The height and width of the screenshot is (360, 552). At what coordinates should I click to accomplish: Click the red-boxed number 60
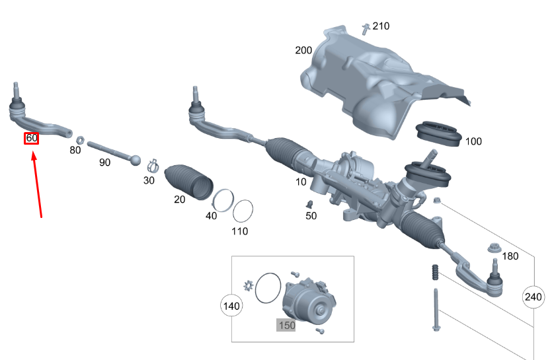coord(31,139)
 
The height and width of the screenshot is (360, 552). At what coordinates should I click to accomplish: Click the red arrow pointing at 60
coord(38,185)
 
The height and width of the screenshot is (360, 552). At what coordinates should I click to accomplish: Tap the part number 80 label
coord(75,151)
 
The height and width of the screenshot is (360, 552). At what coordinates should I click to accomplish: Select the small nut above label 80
coord(78,139)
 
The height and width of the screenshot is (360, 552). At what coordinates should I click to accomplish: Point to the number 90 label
coord(104,162)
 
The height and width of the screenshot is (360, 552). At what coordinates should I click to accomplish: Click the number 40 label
coord(212,216)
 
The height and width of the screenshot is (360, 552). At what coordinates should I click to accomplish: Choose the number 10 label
coord(301,182)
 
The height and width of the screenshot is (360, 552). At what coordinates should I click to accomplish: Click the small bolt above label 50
coord(309,202)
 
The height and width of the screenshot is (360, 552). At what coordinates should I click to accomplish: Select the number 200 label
coord(303,50)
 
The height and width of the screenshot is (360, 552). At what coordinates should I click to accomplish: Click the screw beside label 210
coord(365,28)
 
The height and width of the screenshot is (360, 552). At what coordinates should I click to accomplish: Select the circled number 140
coord(231,306)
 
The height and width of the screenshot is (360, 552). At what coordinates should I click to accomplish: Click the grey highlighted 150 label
coord(286,325)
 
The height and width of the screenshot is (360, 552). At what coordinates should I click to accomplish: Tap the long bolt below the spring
coord(437,310)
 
